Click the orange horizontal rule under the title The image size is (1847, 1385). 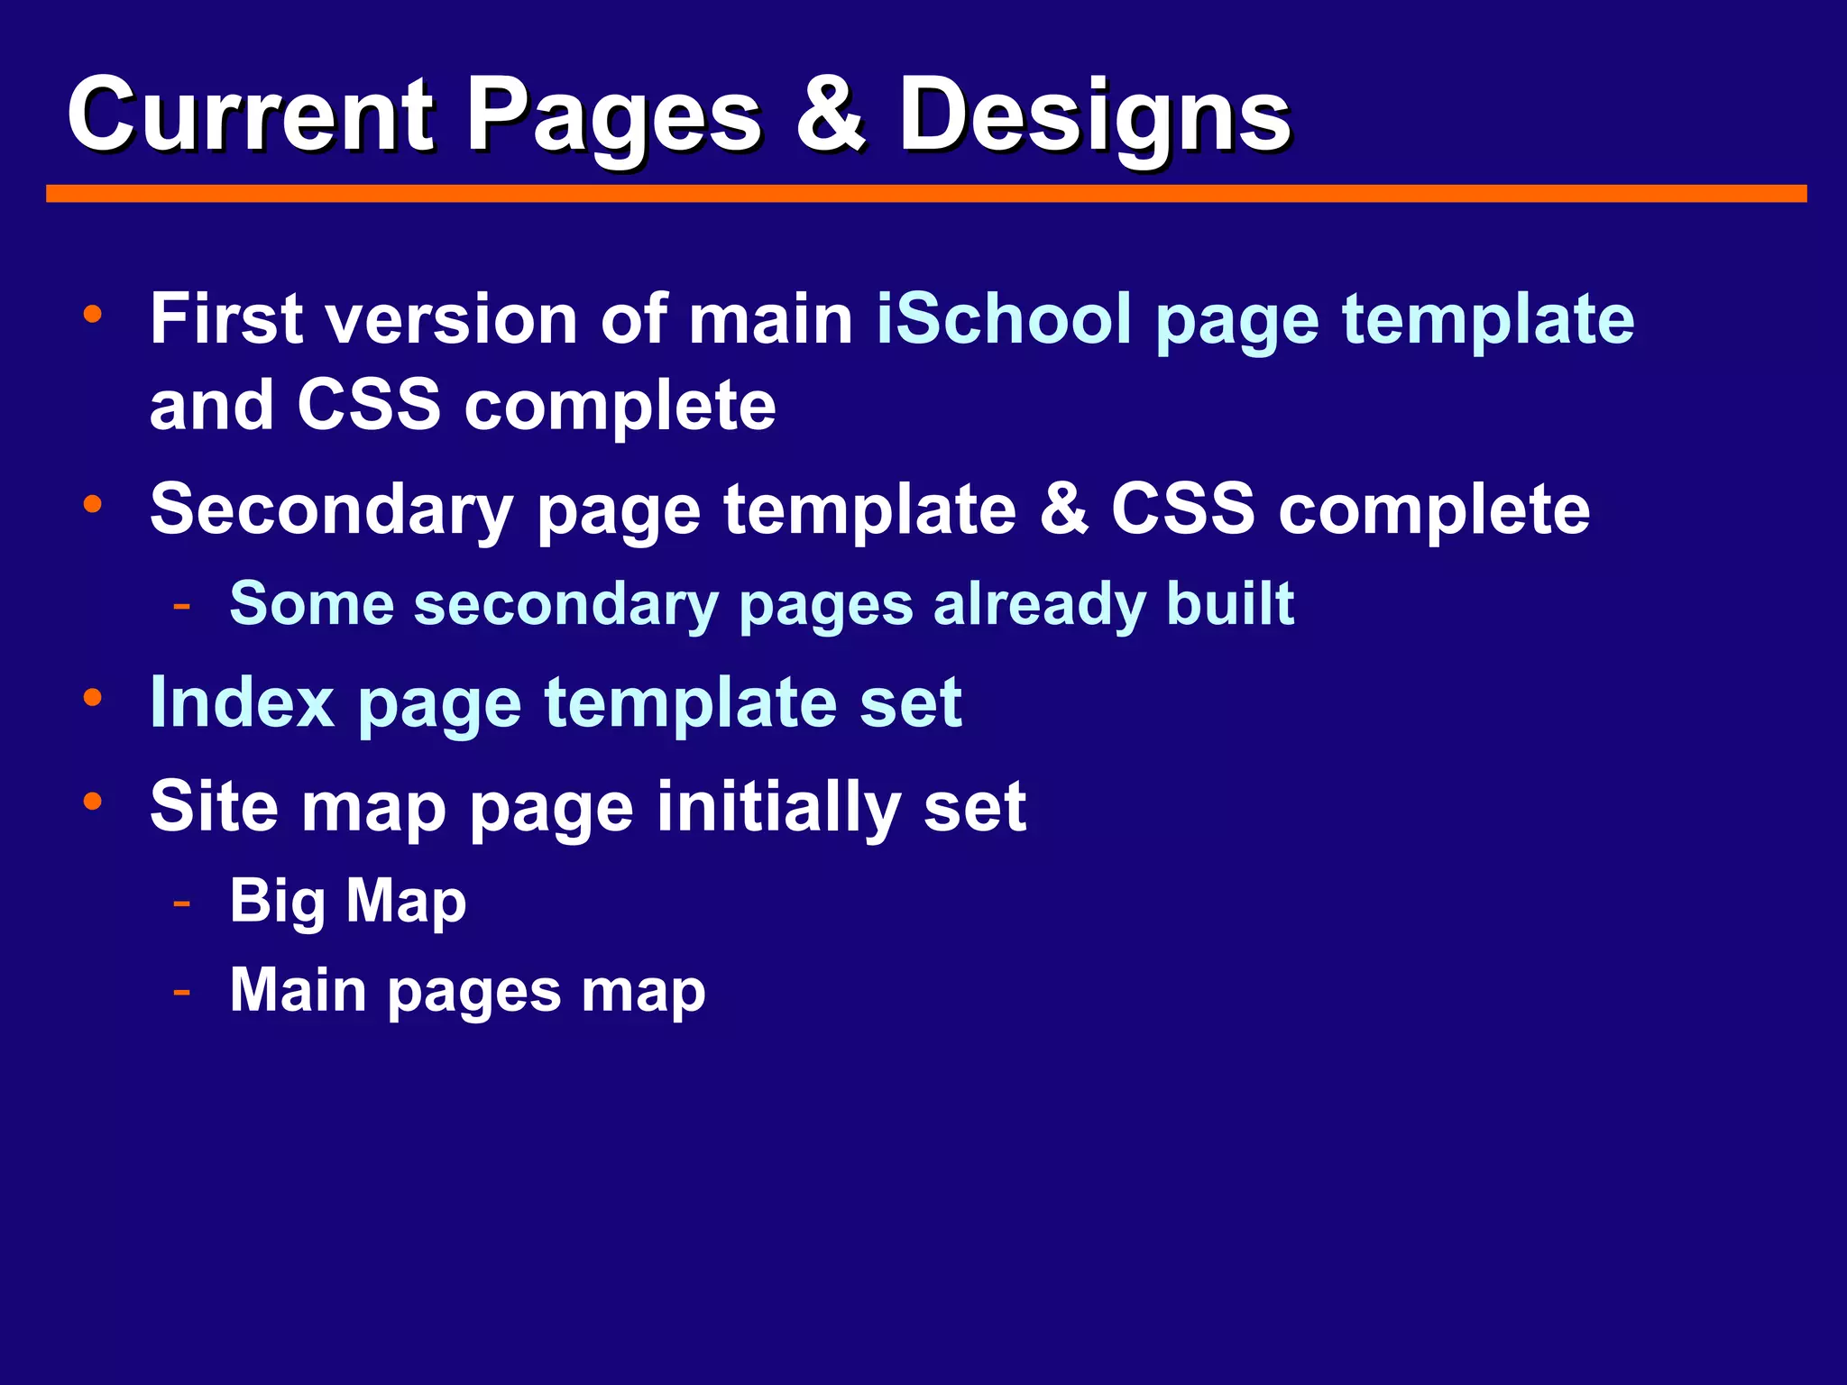(x=926, y=194)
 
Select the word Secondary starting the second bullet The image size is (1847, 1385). (x=331, y=510)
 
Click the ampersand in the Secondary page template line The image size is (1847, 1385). (x=1063, y=509)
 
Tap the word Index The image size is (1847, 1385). (x=242, y=702)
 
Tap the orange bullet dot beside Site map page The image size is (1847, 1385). (x=92, y=801)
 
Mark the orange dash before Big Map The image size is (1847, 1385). (x=182, y=902)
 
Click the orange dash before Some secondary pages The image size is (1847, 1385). (x=182, y=605)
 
